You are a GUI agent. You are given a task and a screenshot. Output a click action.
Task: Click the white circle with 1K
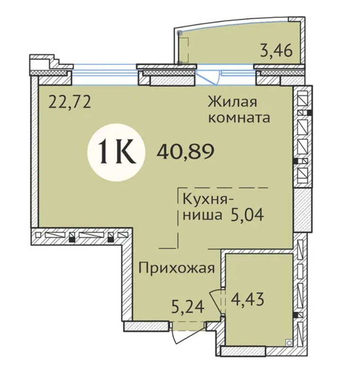point(115,151)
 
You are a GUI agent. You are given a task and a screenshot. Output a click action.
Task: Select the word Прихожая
point(177,268)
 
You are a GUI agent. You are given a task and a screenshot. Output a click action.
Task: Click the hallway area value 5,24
point(189,308)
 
